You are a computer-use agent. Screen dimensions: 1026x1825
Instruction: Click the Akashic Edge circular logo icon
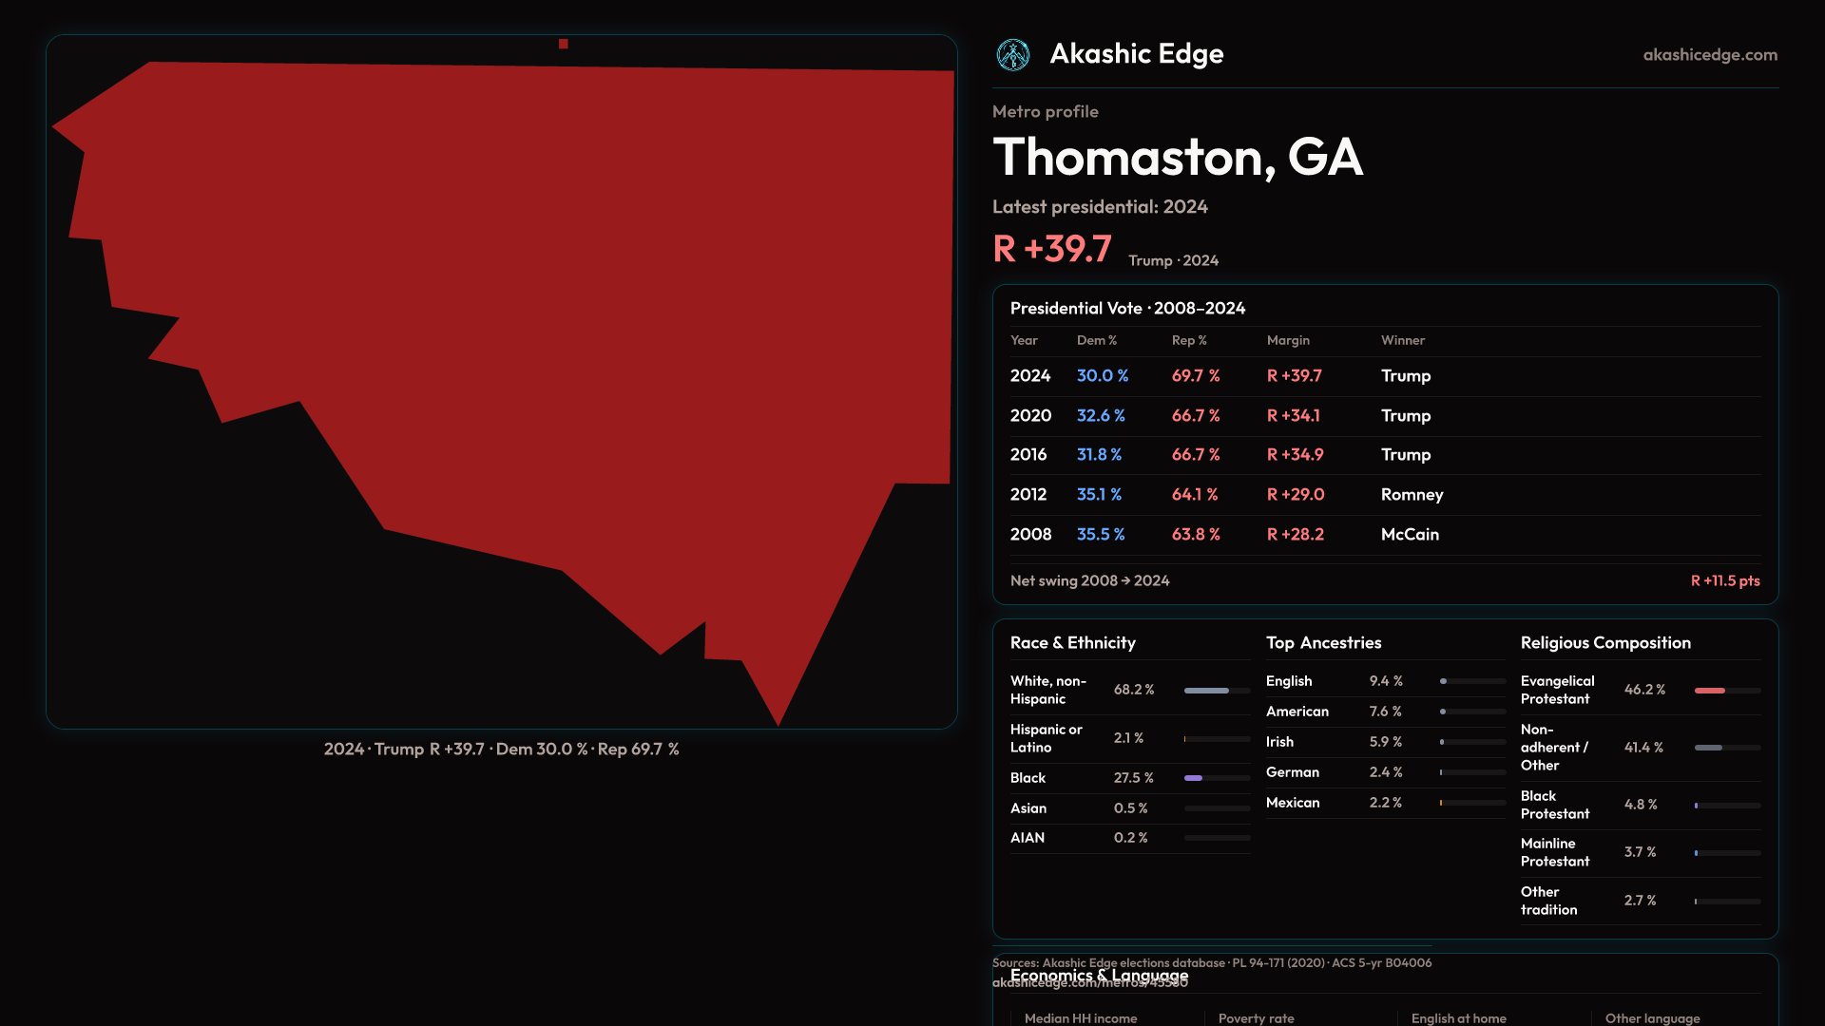coord(1012,55)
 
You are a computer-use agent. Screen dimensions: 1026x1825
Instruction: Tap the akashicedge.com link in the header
coord(1710,55)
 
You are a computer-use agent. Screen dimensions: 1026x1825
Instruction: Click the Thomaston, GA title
coord(1178,157)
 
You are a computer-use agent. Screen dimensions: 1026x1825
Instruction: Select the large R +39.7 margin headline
coord(1052,249)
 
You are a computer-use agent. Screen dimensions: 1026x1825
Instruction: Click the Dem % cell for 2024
coord(1102,376)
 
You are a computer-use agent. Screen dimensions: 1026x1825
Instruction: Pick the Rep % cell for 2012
coord(1195,495)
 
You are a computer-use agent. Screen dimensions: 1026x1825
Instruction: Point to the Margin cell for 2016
coord(1295,455)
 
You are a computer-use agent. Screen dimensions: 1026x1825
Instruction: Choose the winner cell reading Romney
coord(1412,495)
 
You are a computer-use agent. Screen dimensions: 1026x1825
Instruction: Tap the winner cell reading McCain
coord(1410,535)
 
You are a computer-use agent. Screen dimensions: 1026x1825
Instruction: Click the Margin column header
coord(1288,340)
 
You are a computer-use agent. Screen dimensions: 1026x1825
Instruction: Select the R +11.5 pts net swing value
coord(1724,580)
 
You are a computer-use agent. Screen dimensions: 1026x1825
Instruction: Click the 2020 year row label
coord(1030,416)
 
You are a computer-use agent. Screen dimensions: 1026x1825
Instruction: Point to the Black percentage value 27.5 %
coord(1133,778)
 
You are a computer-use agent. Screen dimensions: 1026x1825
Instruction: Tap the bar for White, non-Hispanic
coord(1217,691)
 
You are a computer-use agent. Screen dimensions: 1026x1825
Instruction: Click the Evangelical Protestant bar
coord(1727,691)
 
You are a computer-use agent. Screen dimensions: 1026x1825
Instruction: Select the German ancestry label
coord(1292,772)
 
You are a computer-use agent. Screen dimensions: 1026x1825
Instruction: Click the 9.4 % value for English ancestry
coord(1385,681)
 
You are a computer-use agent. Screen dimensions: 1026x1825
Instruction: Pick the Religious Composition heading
coord(1605,643)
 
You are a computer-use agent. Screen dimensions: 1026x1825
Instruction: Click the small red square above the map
coord(564,44)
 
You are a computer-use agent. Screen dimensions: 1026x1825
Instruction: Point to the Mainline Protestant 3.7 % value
coord(1640,852)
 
